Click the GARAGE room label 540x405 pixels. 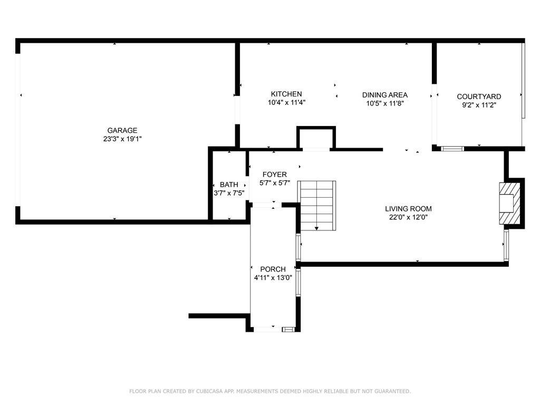(122, 130)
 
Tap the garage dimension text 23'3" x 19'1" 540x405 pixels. (122, 139)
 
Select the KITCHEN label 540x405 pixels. (286, 94)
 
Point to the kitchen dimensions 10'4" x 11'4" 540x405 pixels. (286, 103)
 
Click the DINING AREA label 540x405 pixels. (385, 95)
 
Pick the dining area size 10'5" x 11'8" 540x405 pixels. (385, 103)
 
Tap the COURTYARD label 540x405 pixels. (479, 97)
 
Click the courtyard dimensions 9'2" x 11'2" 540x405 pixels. (479, 105)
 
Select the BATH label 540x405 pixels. (229, 185)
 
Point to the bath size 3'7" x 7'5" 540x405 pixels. (229, 193)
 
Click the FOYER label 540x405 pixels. (274, 175)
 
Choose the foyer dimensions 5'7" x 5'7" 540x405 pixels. (274, 183)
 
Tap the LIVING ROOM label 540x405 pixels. (408, 209)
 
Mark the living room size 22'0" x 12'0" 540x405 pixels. (408, 217)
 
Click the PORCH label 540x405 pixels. (273, 269)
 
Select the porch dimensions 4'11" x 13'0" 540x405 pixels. (273, 278)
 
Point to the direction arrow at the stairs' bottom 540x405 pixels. (317, 227)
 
